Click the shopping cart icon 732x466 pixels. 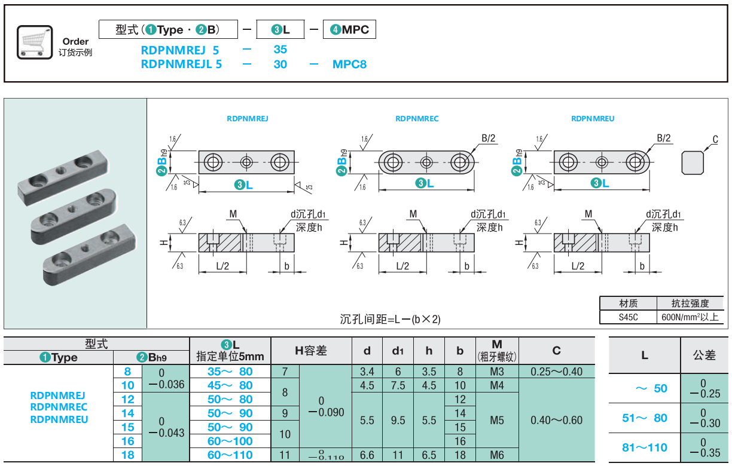[x=33, y=42]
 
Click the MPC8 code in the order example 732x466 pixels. [x=349, y=64]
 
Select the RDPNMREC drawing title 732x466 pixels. [x=417, y=118]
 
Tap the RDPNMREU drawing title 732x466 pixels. [x=593, y=118]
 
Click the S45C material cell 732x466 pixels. [x=628, y=317]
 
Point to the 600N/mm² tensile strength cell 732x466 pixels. [x=690, y=317]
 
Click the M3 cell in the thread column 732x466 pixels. [x=497, y=372]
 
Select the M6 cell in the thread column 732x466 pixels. [x=497, y=455]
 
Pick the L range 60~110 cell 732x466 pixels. [x=230, y=455]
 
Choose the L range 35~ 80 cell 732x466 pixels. [x=230, y=372]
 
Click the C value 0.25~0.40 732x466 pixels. [x=556, y=372]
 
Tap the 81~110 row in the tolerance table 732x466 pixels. [x=645, y=447]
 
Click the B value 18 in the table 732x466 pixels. [x=128, y=455]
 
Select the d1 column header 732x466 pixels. [x=398, y=351]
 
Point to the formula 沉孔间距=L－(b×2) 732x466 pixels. [x=390, y=319]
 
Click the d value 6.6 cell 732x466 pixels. [x=367, y=455]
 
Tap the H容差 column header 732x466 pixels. [x=311, y=351]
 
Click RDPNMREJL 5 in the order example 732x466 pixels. [x=181, y=64]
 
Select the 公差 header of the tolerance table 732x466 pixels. [x=704, y=355]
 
